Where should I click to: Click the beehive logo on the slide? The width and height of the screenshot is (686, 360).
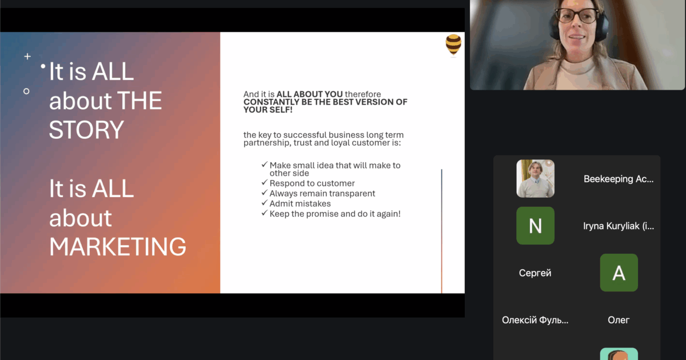click(453, 45)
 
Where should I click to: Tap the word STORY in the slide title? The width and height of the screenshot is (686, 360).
click(86, 130)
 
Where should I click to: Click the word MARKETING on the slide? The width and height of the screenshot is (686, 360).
click(118, 246)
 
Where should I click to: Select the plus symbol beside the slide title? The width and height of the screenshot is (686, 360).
click(27, 57)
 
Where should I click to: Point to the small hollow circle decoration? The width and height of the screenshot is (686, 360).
click(26, 91)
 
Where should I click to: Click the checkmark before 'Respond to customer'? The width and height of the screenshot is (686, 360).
click(265, 182)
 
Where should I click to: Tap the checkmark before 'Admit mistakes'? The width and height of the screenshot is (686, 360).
click(265, 203)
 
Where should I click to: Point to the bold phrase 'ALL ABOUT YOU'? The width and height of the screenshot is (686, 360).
click(310, 94)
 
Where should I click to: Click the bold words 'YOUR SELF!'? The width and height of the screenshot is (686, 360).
click(268, 110)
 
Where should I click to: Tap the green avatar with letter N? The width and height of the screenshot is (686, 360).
click(535, 226)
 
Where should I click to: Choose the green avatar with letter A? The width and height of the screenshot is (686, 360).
click(619, 273)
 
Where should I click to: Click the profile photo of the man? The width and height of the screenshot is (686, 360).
click(535, 178)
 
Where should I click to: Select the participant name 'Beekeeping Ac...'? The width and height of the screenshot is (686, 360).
click(619, 179)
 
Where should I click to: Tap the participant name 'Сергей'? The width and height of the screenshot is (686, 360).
click(535, 273)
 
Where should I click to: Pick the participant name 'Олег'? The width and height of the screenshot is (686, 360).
click(619, 320)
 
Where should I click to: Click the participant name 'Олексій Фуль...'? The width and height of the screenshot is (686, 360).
click(535, 320)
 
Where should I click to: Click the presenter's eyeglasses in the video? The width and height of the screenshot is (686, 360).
click(576, 15)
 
